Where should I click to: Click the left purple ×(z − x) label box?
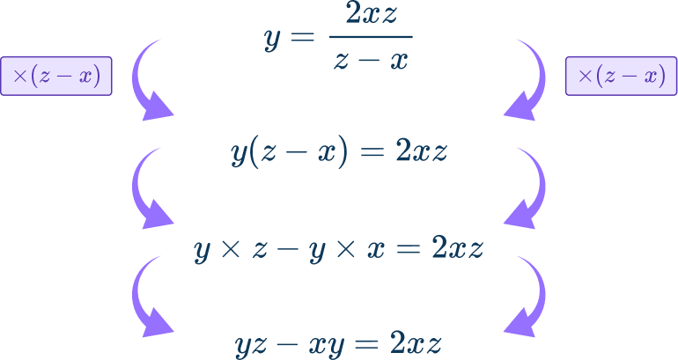(56, 77)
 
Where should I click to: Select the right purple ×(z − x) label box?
(621, 77)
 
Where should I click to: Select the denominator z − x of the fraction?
(370, 62)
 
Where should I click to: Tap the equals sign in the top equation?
(304, 38)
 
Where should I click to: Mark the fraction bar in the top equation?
(370, 38)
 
